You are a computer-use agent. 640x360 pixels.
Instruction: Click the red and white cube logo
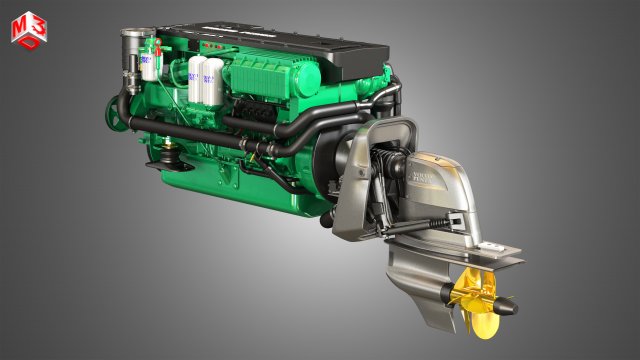[27, 30]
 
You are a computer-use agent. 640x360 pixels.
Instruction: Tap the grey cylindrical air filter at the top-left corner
[130, 45]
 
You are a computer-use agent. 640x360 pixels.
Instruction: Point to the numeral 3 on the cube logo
[35, 24]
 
